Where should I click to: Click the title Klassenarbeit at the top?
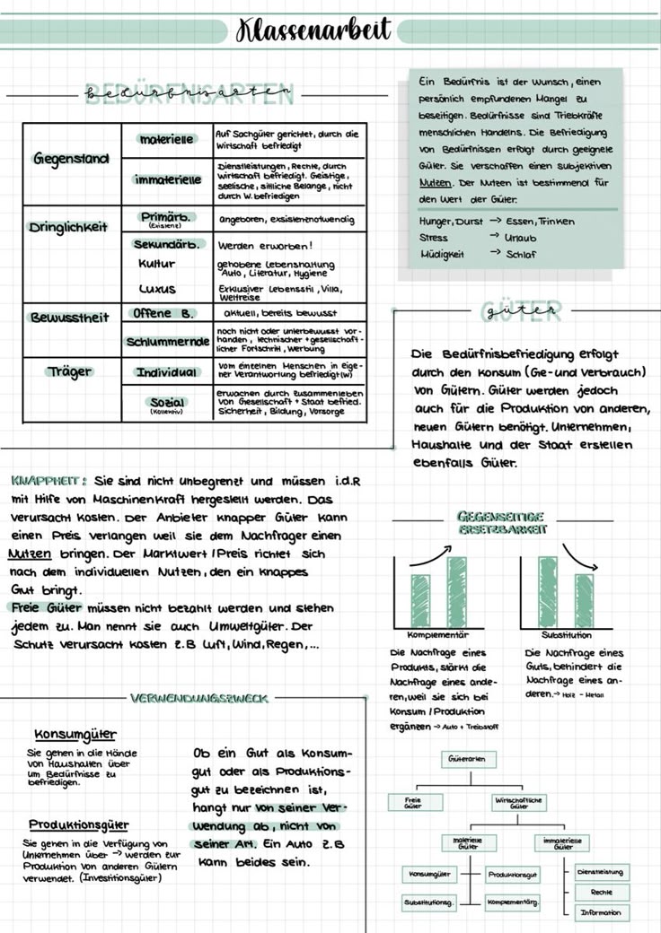click(x=313, y=30)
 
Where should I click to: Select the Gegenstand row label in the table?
click(x=72, y=159)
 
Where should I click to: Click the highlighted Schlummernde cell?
click(x=167, y=342)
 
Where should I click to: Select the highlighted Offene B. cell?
click(x=163, y=314)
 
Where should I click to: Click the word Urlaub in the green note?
click(x=520, y=238)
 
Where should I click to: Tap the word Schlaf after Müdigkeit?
click(x=521, y=254)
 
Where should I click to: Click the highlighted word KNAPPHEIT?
click(x=48, y=479)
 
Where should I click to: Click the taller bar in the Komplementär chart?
click(x=456, y=591)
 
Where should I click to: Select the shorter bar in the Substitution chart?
click(x=585, y=599)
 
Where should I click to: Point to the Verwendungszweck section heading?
click(x=199, y=697)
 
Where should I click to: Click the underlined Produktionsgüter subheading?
click(x=78, y=824)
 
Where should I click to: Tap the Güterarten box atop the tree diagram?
click(x=466, y=759)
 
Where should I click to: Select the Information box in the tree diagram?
click(x=601, y=912)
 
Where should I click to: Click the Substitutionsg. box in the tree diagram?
click(x=429, y=902)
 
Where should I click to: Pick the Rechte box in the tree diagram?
click(x=601, y=892)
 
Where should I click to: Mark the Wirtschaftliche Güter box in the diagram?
click(x=518, y=802)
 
